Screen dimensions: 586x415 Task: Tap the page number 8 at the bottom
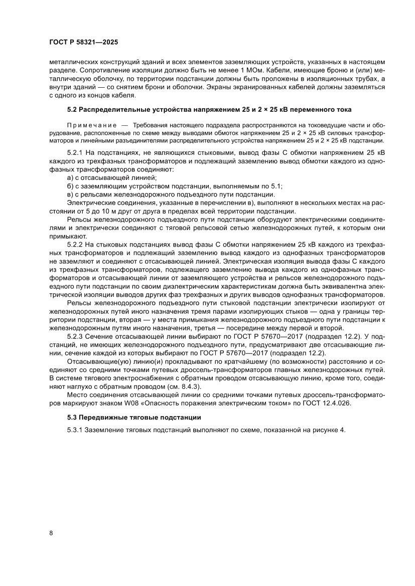(x=51, y=533)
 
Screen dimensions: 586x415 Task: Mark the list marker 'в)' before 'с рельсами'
(x=71, y=194)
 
